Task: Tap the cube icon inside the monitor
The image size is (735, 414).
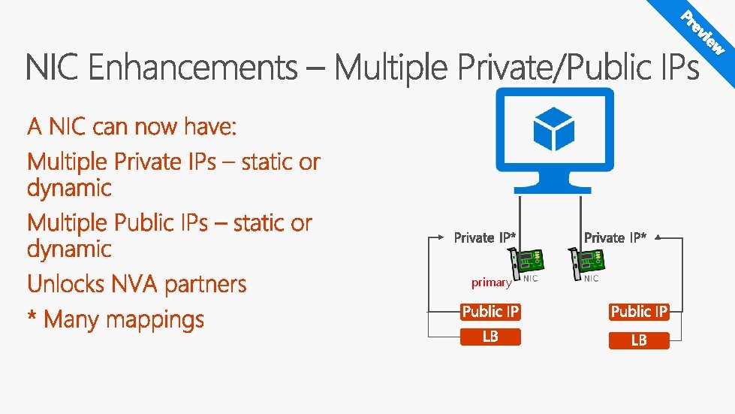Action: tap(553, 128)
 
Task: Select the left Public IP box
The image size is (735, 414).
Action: tap(490, 312)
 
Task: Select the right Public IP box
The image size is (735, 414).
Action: tap(639, 312)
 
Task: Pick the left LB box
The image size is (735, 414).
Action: tap(490, 337)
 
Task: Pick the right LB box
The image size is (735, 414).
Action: tap(639, 340)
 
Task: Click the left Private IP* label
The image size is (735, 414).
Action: tap(485, 237)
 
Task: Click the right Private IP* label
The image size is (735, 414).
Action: tap(615, 237)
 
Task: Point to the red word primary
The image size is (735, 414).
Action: tap(491, 283)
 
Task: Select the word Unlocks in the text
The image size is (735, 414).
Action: tap(65, 284)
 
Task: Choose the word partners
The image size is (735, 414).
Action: tap(205, 285)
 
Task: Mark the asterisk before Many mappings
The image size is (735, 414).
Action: tap(32, 316)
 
